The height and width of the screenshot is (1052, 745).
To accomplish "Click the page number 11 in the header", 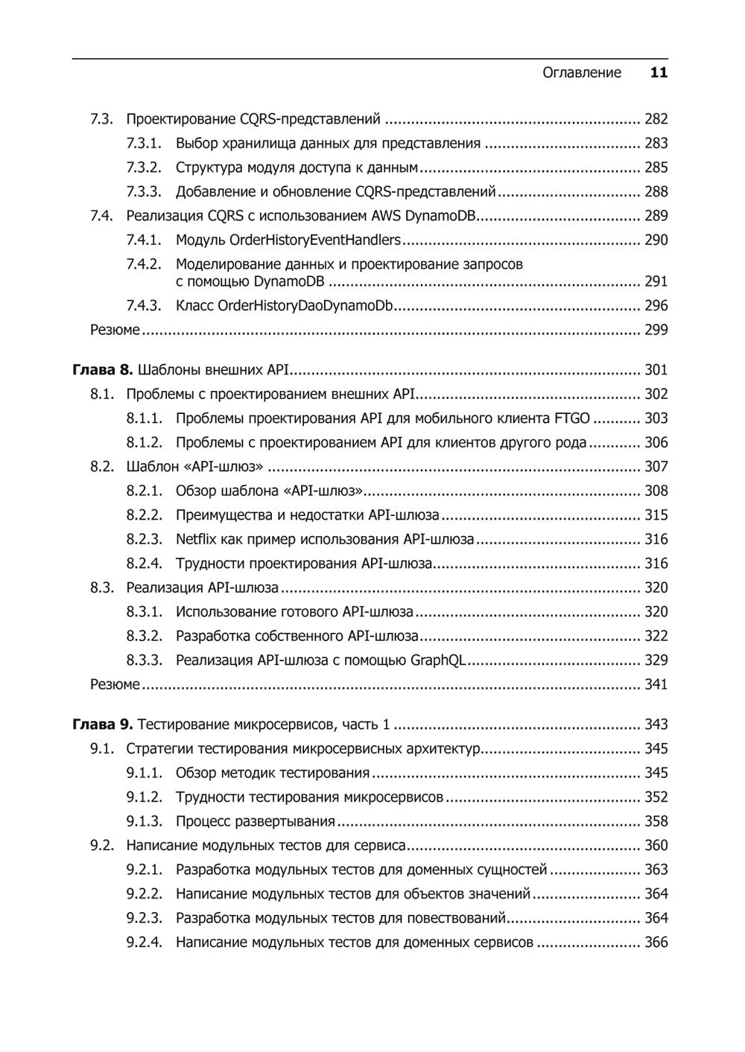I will click(659, 73).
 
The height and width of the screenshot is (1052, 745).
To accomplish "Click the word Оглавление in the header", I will click(581, 73).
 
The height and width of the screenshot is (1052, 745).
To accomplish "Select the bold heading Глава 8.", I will click(103, 370).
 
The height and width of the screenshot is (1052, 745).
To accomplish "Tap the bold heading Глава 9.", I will click(103, 724).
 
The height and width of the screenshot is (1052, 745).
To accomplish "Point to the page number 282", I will click(656, 119).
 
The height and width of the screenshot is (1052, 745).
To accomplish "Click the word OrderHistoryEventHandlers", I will click(315, 240).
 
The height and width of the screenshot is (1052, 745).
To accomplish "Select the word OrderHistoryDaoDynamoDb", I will click(305, 306).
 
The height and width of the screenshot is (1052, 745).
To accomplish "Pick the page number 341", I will click(656, 685).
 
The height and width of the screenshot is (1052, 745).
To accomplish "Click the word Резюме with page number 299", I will click(115, 331).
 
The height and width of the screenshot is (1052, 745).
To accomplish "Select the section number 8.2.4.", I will click(144, 564).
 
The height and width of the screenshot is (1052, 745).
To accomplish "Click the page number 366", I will click(656, 943).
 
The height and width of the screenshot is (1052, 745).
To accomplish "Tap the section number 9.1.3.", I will click(144, 822).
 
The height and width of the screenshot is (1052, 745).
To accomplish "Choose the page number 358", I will click(656, 822).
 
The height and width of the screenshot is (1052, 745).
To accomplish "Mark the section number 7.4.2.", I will click(144, 264).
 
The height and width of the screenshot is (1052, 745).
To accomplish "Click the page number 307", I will click(656, 467).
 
